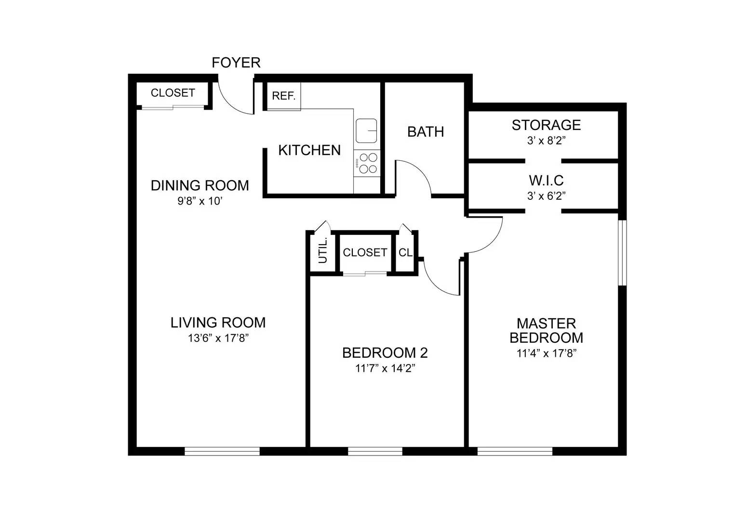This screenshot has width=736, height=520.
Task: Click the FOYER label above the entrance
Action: [x=236, y=63]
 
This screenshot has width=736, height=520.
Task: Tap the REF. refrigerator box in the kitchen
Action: [x=283, y=96]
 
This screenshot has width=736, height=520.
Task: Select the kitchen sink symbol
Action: [x=366, y=130]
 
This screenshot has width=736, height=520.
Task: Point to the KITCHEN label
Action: [x=309, y=150]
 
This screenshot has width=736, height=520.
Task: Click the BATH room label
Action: [x=425, y=132]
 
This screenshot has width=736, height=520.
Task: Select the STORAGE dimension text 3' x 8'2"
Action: [x=546, y=141]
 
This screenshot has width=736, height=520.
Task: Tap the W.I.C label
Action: [x=546, y=181]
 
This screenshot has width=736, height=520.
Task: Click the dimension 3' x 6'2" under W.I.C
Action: [x=546, y=196]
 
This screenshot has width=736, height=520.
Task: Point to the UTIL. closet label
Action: [x=323, y=250]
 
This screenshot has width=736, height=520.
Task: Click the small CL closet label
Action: [x=405, y=253]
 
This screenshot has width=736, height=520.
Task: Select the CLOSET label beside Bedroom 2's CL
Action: [x=365, y=253]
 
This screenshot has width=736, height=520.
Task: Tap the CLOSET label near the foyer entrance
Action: [x=173, y=93]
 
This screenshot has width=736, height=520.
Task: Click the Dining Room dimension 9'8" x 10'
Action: [x=200, y=201]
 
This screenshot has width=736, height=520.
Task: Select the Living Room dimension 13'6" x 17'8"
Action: [x=218, y=338]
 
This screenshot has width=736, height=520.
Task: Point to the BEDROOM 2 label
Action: [x=385, y=353]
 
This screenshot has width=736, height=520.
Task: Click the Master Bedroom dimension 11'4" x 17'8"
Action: [x=546, y=353]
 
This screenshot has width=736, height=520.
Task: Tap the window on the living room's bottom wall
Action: [x=222, y=451]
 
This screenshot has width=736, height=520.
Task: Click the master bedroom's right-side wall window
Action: [x=622, y=253]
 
